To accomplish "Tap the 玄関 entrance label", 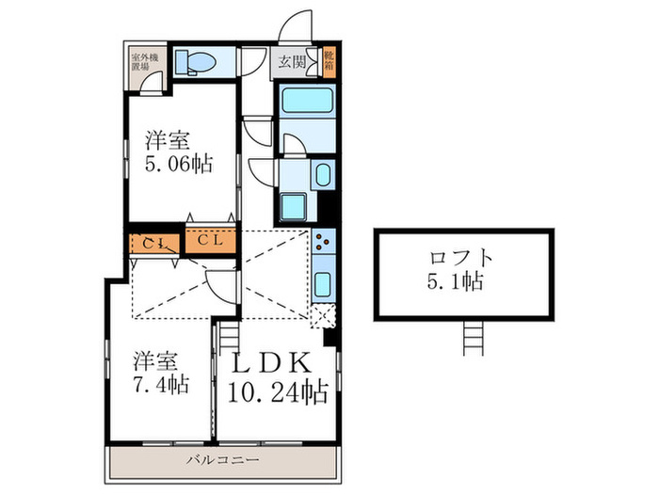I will [x=292, y=63].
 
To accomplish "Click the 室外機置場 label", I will [x=145, y=62].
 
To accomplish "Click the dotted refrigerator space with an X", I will [x=323, y=316].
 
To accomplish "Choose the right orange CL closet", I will [x=210, y=241].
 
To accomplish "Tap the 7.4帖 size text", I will [x=160, y=384].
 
